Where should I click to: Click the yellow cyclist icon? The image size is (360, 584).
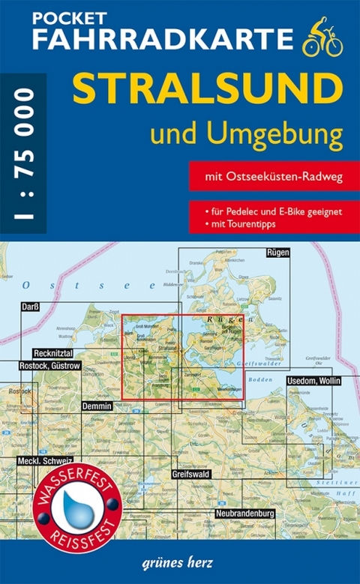click(x=322, y=40)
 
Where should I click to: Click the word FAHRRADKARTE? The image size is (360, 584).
click(x=154, y=40)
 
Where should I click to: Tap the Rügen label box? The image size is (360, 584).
click(x=277, y=254)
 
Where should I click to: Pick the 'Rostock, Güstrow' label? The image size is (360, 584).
click(x=47, y=365)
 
